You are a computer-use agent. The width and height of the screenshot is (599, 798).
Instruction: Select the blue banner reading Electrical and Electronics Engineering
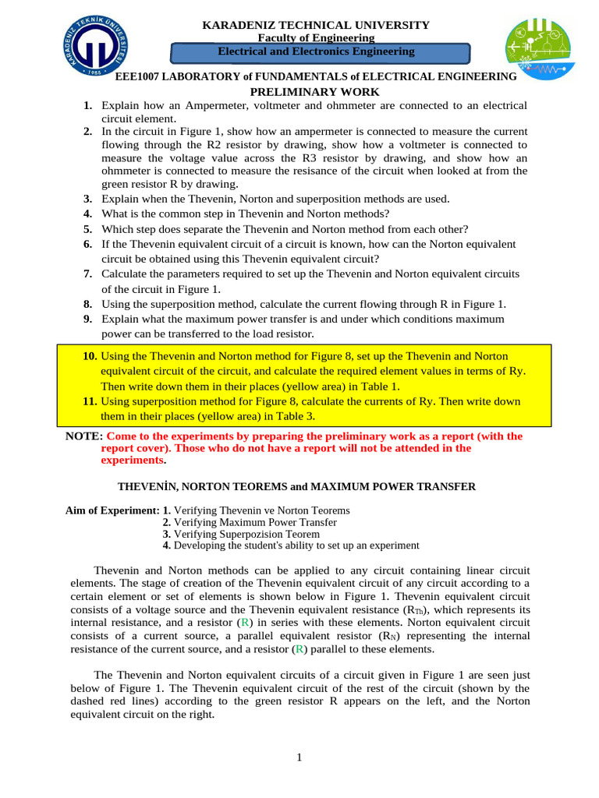coord(320,52)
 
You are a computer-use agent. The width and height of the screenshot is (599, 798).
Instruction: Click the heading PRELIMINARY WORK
coord(314,92)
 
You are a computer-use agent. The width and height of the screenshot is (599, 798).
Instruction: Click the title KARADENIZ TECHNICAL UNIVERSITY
coord(316,26)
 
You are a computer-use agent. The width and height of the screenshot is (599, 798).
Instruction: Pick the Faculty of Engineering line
coord(316,38)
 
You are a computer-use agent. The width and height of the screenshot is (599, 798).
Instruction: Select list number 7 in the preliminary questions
coord(88,274)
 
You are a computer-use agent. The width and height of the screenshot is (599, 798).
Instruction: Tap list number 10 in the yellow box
coord(90,356)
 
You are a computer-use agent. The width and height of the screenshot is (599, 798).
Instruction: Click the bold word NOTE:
coord(84,436)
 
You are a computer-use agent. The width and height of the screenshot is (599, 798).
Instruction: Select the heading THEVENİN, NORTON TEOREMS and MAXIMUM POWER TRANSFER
coord(296,486)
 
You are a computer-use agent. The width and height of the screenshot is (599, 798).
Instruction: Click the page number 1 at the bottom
coord(299,758)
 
